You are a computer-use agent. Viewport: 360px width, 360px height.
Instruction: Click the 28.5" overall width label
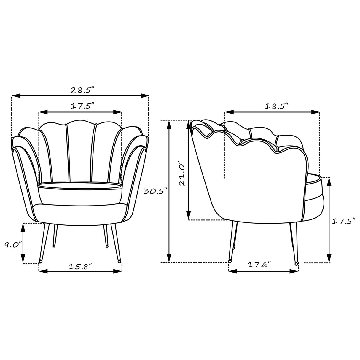pyautogui.click(x=82, y=90)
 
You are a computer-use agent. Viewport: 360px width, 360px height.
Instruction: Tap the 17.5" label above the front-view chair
pyautogui.click(x=82, y=106)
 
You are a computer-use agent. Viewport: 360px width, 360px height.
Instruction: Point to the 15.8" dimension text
pyautogui.click(x=80, y=266)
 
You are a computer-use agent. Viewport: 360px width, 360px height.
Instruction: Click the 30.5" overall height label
pyautogui.click(x=154, y=191)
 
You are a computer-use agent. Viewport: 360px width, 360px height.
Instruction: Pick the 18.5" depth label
pyautogui.click(x=276, y=106)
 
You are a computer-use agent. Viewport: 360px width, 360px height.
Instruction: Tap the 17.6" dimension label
pyautogui.click(x=259, y=265)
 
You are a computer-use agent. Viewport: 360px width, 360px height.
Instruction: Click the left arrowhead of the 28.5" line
pyautogui.click(x=15, y=95)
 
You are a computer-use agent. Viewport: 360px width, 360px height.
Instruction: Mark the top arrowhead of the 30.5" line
pyautogui.click(x=169, y=124)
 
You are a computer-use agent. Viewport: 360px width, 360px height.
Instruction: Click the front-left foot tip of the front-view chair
pyautogui.click(x=40, y=262)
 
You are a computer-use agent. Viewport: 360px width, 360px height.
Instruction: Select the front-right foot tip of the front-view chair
pyautogui.click(x=119, y=262)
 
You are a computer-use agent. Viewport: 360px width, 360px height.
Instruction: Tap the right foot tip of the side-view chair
pyautogui.click(x=296, y=263)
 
